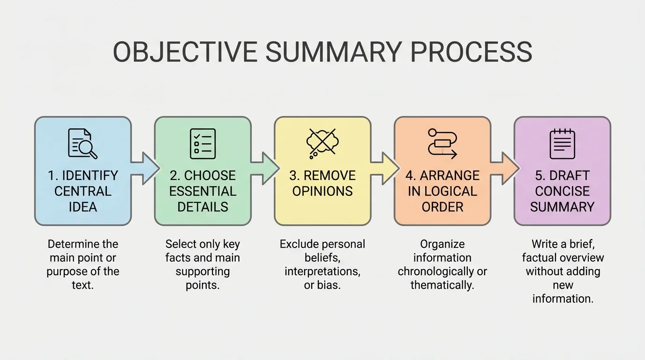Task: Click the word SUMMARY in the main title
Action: [333, 52]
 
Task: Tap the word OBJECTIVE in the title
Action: [185, 52]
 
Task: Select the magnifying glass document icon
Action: [82, 143]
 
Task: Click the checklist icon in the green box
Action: [202, 143]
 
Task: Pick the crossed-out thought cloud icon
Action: [322, 142]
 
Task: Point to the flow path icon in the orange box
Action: [442, 143]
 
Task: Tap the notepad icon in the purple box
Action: [562, 143]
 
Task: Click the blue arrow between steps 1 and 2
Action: [145, 168]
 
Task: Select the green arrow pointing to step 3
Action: [265, 168]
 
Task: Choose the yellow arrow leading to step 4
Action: [385, 168]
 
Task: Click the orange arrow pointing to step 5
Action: [505, 168]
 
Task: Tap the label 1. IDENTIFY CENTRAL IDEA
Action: [82, 191]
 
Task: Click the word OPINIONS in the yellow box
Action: [322, 191]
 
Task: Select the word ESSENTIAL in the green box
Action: [202, 191]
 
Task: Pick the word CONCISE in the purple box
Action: [562, 191]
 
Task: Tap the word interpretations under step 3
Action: [322, 271]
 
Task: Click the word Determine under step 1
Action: [73, 244]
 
